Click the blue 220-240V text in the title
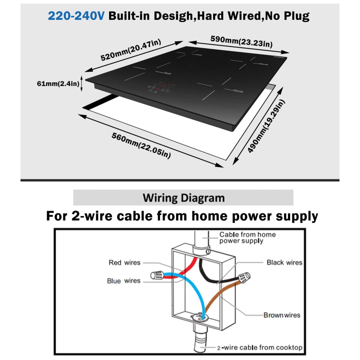[x=76, y=16]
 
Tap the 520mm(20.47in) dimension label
[x=131, y=50]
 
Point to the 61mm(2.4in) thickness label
[x=58, y=84]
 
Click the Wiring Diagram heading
[x=184, y=198]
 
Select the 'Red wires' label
[x=125, y=263]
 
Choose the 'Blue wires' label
[x=123, y=280]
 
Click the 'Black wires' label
[x=284, y=262]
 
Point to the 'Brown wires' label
[x=282, y=315]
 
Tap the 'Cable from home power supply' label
[x=247, y=238]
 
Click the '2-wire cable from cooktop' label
[x=259, y=348]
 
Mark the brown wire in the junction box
[x=220, y=295]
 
